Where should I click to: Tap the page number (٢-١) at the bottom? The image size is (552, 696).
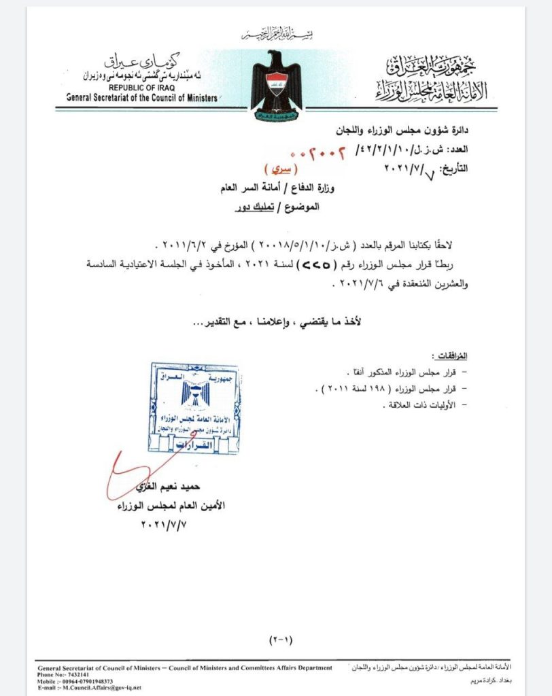click(x=279, y=640)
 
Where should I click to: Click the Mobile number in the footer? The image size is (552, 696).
click(x=75, y=681)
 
